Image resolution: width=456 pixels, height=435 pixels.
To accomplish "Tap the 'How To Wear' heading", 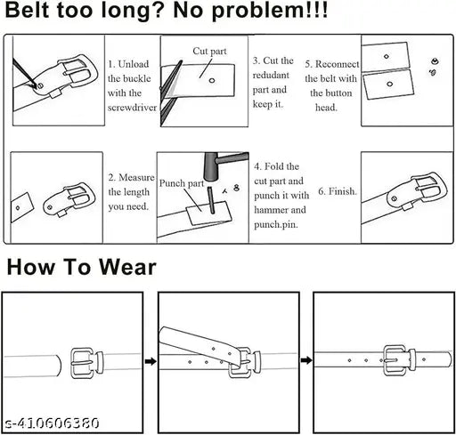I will [80, 266].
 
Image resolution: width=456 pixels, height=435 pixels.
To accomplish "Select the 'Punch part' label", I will [183, 182].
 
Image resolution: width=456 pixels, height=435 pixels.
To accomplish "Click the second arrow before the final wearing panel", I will [305, 360].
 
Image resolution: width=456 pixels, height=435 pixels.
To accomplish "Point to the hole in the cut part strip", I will [212, 80].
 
